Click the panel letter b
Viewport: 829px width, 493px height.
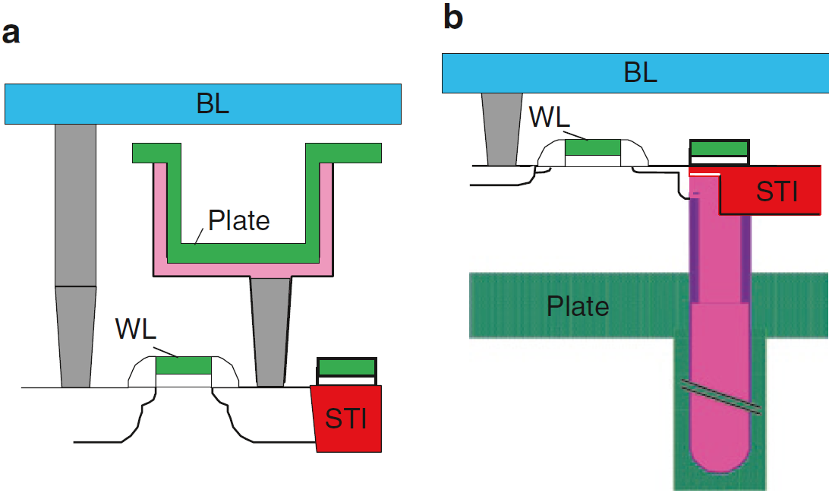pos(452,17)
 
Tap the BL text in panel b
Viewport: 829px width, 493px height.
pos(640,73)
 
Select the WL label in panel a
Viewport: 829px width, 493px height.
pos(137,329)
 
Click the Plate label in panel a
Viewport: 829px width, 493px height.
pos(239,220)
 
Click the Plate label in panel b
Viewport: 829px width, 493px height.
pos(578,306)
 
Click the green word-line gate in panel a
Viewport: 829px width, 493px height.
pos(183,365)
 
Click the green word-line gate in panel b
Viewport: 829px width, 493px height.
pos(593,147)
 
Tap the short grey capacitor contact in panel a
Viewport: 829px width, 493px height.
pos(270,330)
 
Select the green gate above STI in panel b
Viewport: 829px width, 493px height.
pos(718,147)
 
